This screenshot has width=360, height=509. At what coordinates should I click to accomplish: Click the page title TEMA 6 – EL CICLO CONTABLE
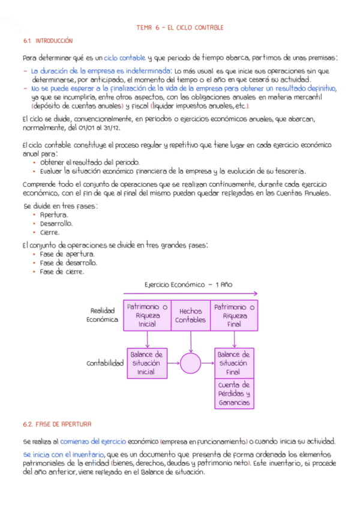pyautogui.click(x=179, y=28)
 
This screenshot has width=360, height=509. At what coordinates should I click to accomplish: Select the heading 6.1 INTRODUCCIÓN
pyautogui.click(x=48, y=41)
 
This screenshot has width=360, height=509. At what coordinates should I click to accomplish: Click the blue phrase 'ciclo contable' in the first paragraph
pyautogui.click(x=124, y=58)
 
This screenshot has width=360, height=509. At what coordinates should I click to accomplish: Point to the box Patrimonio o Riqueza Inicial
pyautogui.click(x=147, y=315)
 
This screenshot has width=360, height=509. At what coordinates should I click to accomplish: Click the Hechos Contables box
pyautogui.click(x=191, y=315)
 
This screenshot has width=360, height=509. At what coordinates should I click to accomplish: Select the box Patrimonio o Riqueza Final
pyautogui.click(x=235, y=315)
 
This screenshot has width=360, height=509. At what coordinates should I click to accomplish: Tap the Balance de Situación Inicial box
pyautogui.click(x=146, y=363)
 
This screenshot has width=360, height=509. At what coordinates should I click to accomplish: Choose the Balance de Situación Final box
pyautogui.click(x=233, y=363)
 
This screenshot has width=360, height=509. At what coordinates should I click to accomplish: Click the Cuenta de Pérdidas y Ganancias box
pyautogui.click(x=233, y=394)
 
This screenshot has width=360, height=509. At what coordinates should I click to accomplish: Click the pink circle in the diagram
pyautogui.click(x=191, y=364)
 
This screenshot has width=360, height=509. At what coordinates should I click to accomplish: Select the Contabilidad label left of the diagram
pyautogui.click(x=105, y=363)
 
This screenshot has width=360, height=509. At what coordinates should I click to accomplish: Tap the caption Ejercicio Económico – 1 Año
pyautogui.click(x=188, y=285)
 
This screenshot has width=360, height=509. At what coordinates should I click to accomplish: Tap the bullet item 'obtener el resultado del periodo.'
pyautogui.click(x=89, y=163)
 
